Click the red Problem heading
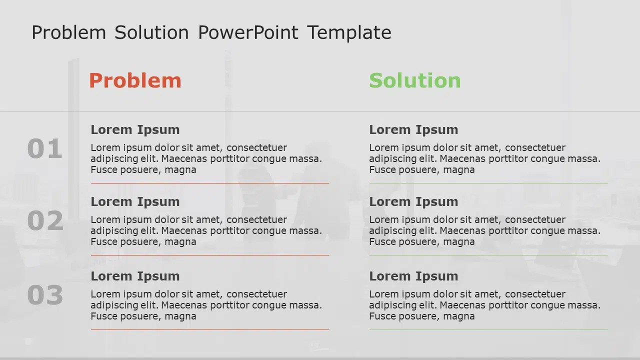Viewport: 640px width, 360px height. pyautogui.click(x=135, y=80)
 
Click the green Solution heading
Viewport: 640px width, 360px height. pyautogui.click(x=414, y=80)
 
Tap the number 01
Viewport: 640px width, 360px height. pyautogui.click(x=44, y=149)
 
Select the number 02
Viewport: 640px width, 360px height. pyautogui.click(x=45, y=221)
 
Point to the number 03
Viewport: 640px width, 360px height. pyautogui.click(x=45, y=295)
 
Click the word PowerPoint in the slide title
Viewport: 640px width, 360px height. pyautogui.click(x=248, y=32)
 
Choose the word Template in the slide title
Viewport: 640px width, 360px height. pyautogui.click(x=349, y=32)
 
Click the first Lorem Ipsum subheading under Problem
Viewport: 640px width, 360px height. pyautogui.click(x=135, y=129)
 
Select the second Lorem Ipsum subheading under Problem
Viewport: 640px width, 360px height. pyautogui.click(x=135, y=201)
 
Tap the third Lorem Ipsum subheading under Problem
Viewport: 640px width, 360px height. pyautogui.click(x=135, y=276)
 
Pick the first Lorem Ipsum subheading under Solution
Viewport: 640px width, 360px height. pyautogui.click(x=413, y=129)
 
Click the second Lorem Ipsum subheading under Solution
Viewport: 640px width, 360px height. pyautogui.click(x=413, y=201)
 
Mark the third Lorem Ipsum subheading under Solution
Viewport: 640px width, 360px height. pyautogui.click(x=413, y=276)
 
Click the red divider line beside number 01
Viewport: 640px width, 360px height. pyautogui.click(x=210, y=183)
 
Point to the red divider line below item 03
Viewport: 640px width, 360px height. pyautogui.click(x=210, y=329)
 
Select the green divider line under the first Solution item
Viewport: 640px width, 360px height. pyautogui.click(x=488, y=183)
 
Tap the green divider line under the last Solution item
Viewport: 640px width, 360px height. pyautogui.click(x=488, y=329)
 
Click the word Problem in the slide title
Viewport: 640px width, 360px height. pyautogui.click(x=68, y=32)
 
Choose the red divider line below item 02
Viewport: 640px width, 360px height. pyautogui.click(x=210, y=255)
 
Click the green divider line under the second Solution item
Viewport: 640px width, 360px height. pyautogui.click(x=488, y=255)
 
